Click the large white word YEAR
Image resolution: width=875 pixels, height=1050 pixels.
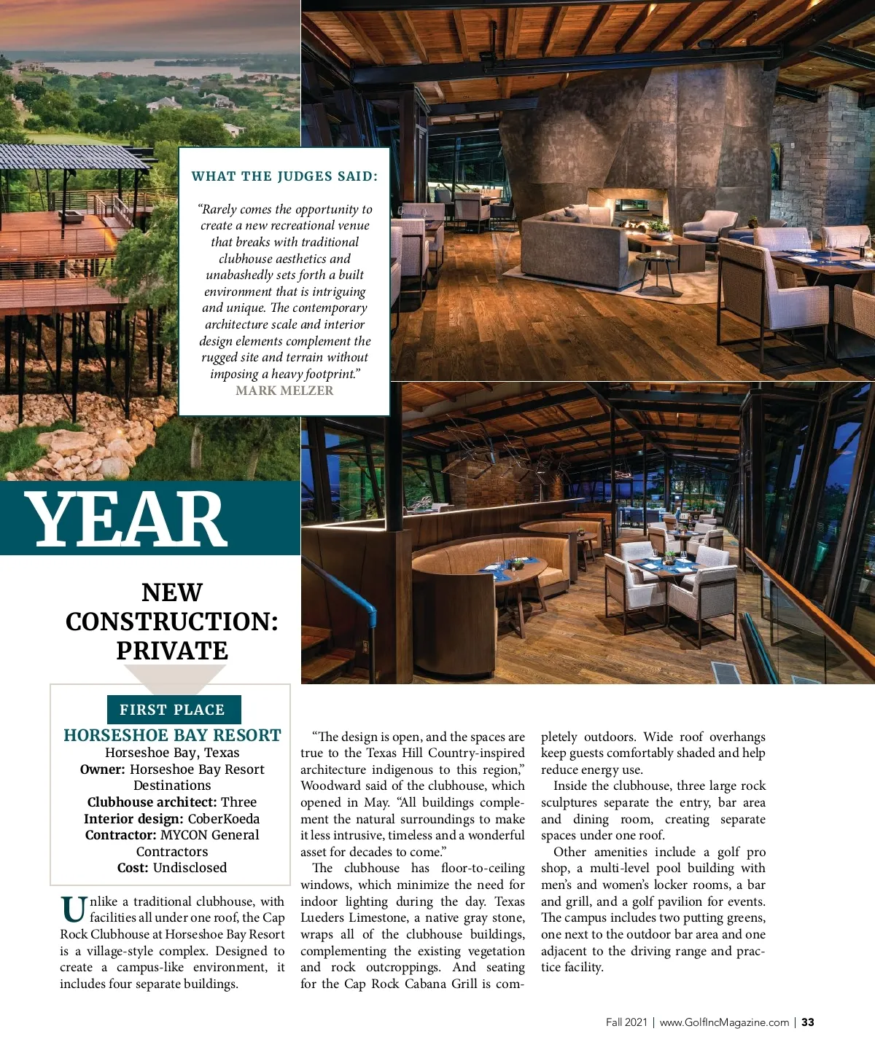pos(127,519)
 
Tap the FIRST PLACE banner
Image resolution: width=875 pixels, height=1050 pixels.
pos(172,710)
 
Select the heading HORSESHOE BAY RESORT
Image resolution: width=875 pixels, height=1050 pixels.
pos(172,735)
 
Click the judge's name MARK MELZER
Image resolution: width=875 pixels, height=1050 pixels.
pos(284,391)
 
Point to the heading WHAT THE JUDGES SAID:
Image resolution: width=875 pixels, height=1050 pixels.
pos(284,176)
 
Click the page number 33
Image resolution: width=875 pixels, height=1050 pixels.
pos(808,1022)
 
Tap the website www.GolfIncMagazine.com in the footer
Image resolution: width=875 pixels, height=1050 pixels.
pos(724,1022)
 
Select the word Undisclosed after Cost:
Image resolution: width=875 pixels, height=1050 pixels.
pos(190,868)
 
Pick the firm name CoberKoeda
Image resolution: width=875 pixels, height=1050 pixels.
pos(223,819)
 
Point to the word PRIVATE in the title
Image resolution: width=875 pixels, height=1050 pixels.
pos(172,651)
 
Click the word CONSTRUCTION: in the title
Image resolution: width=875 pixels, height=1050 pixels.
pos(172,622)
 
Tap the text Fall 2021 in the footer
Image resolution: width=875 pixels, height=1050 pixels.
pos(626,1022)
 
